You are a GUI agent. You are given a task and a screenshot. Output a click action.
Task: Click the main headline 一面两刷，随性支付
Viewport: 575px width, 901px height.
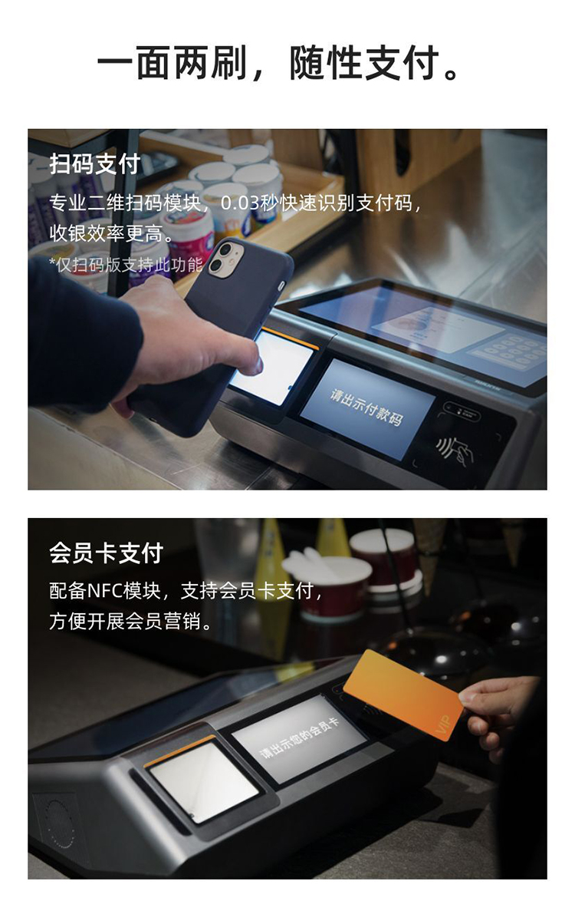[280, 63]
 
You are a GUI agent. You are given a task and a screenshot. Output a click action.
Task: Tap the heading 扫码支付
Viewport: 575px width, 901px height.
[95, 163]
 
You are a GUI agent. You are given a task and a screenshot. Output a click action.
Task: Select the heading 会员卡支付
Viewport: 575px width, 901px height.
[106, 553]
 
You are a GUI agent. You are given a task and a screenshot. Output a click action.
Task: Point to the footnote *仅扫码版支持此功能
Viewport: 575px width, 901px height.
[126, 264]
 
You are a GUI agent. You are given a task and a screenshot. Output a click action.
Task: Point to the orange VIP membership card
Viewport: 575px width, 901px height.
[402, 695]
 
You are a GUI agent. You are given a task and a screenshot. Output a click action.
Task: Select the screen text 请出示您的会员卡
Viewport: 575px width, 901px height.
[299, 738]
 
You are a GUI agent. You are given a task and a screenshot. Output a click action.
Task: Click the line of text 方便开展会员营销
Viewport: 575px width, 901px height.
[131, 621]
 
